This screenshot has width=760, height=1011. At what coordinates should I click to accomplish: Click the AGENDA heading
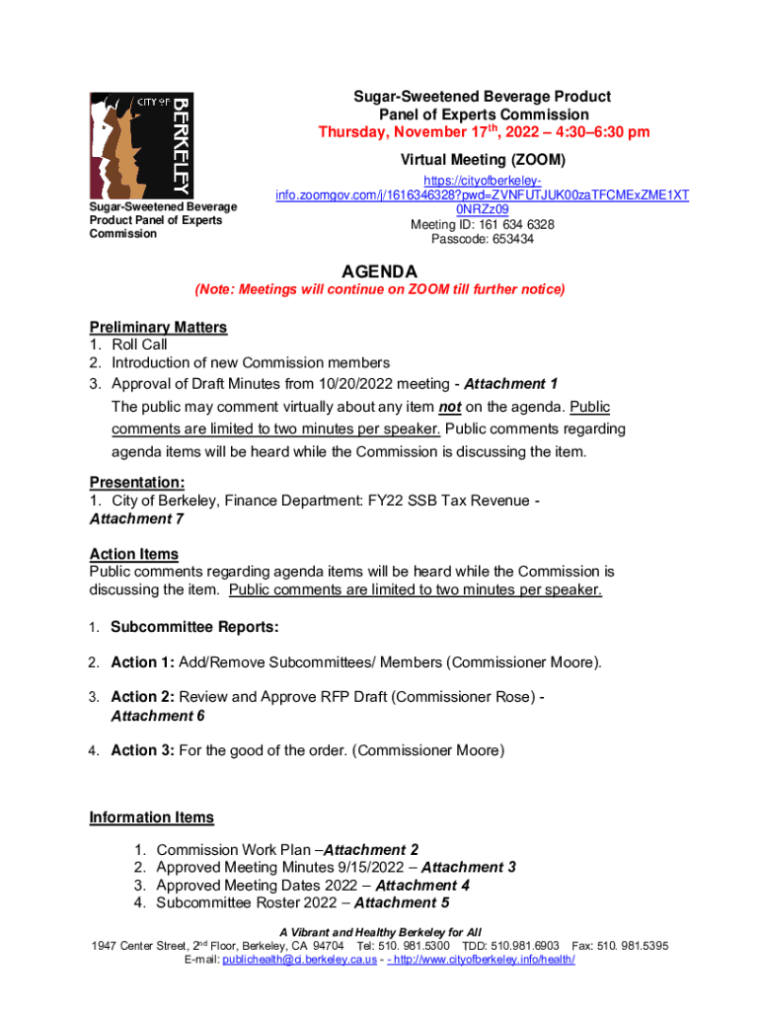point(379,272)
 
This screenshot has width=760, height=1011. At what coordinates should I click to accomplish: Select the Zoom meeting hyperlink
point(482,195)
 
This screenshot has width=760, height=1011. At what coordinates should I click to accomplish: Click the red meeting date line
point(483,132)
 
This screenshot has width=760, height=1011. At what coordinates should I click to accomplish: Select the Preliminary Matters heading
point(158,327)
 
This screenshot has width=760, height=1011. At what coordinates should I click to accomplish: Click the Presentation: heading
point(137,483)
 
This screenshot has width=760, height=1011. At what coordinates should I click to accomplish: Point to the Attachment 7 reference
point(136,518)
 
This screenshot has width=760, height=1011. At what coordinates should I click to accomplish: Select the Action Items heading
point(133,554)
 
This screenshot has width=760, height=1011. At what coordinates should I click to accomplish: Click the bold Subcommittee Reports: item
point(194,627)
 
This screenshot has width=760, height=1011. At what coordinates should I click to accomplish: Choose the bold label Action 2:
point(142,697)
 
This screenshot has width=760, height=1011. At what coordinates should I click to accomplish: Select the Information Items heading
point(151,817)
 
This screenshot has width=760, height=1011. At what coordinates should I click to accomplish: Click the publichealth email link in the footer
point(299,960)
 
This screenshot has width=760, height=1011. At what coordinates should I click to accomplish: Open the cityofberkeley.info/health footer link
point(486,960)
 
